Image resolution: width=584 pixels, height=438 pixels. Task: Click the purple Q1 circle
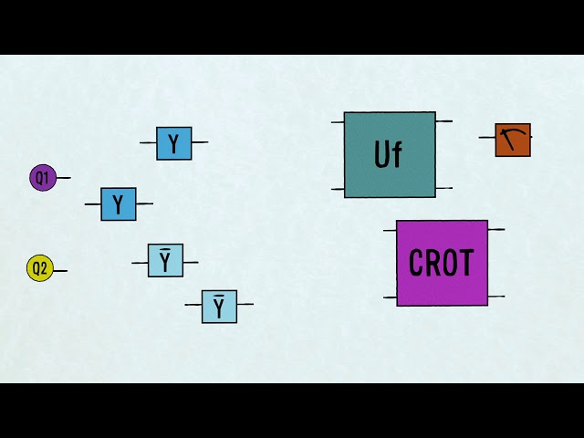[x=43, y=178]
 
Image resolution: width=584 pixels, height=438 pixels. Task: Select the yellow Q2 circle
[x=39, y=268]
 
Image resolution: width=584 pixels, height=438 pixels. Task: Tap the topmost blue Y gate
[x=173, y=143]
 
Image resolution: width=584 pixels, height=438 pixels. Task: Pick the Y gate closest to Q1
[x=118, y=204]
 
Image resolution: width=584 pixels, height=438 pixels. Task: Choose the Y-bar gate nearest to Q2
[x=165, y=261]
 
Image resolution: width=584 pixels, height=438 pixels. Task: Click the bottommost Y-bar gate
[x=219, y=307]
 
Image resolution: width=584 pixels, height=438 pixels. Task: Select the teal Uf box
[x=390, y=154]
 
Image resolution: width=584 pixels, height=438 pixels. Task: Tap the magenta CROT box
[x=442, y=263]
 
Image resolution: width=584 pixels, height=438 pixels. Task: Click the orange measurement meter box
[x=513, y=140]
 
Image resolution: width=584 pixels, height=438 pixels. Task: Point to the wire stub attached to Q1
[x=63, y=178]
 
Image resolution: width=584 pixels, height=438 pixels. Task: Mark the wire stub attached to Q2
[x=59, y=270]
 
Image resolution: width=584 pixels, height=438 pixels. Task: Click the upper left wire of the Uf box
[x=338, y=121]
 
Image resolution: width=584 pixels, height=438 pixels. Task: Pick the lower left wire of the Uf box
[x=338, y=190]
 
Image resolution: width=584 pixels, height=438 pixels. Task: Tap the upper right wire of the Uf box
[x=443, y=120]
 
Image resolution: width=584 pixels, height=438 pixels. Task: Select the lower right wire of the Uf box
[x=443, y=188]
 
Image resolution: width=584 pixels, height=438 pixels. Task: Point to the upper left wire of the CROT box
[x=390, y=230]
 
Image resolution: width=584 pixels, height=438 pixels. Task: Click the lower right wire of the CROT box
[x=495, y=297]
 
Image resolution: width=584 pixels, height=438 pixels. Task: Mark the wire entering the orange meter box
[x=487, y=138]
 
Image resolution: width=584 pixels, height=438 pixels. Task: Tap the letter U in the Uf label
[x=382, y=155]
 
